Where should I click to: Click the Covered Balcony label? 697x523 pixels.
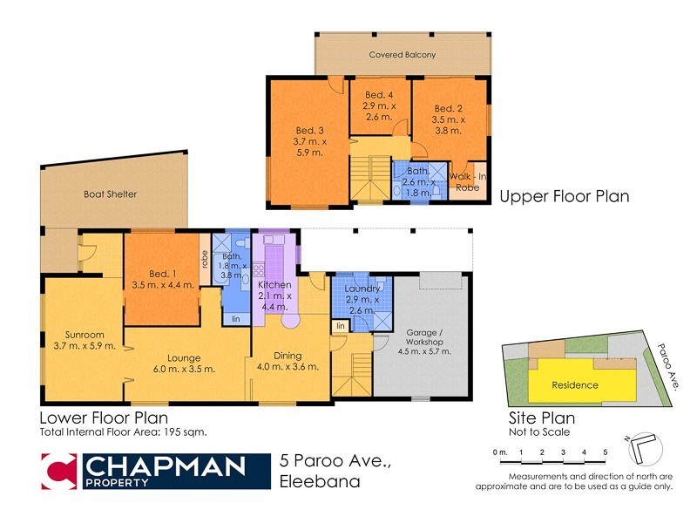tap(402, 55)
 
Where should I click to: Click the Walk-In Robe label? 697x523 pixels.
tap(469, 180)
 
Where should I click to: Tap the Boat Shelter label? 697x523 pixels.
tap(110, 194)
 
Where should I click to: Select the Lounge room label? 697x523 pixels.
tap(185, 357)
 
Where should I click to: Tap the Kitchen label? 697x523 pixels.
tap(275, 285)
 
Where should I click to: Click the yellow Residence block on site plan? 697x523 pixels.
tap(574, 384)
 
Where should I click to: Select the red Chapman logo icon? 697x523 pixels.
tap(60, 472)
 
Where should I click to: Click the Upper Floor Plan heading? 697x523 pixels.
tap(564, 197)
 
